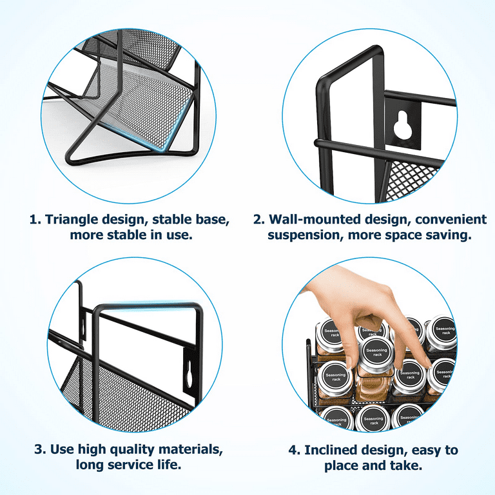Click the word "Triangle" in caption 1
pos(74,219)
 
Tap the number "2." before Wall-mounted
pos(260,219)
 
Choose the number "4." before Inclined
pos(295,449)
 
